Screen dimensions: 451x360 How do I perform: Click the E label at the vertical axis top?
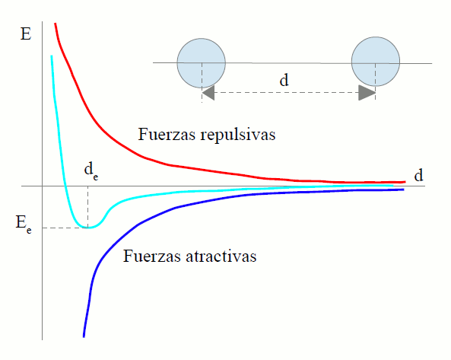[26, 34]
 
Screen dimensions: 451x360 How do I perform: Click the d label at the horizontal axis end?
[418, 175]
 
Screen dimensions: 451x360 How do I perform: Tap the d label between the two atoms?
[284, 80]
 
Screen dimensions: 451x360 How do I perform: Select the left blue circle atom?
[202, 63]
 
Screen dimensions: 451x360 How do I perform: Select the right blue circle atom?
[376, 62]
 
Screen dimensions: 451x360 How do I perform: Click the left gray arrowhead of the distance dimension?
[208, 93]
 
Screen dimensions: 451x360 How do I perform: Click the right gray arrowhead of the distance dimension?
[367, 93]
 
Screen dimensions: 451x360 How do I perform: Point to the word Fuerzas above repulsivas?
[167, 134]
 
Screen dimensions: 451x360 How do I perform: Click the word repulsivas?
[238, 135]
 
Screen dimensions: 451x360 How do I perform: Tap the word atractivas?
[221, 256]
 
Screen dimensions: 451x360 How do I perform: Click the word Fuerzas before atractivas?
[151, 256]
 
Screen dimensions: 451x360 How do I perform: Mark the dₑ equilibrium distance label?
[91, 170]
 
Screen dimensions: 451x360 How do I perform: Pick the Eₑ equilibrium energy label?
[24, 225]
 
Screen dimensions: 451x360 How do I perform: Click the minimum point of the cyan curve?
[88, 228]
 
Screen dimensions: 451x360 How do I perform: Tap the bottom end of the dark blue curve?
[84, 336]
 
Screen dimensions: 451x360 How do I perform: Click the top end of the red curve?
[55, 24]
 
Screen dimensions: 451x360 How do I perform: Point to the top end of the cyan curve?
[52, 56]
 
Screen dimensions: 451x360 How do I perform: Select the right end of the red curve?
[405, 182]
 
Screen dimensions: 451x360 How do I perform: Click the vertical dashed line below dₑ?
[88, 206]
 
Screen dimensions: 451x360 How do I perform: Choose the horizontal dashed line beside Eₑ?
[65, 228]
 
